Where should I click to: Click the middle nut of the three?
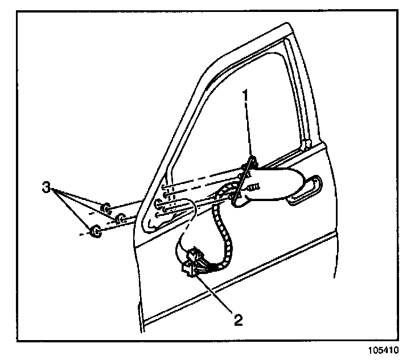pos(121,218)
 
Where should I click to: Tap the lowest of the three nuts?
pos(96,231)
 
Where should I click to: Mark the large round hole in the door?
pos(158,203)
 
